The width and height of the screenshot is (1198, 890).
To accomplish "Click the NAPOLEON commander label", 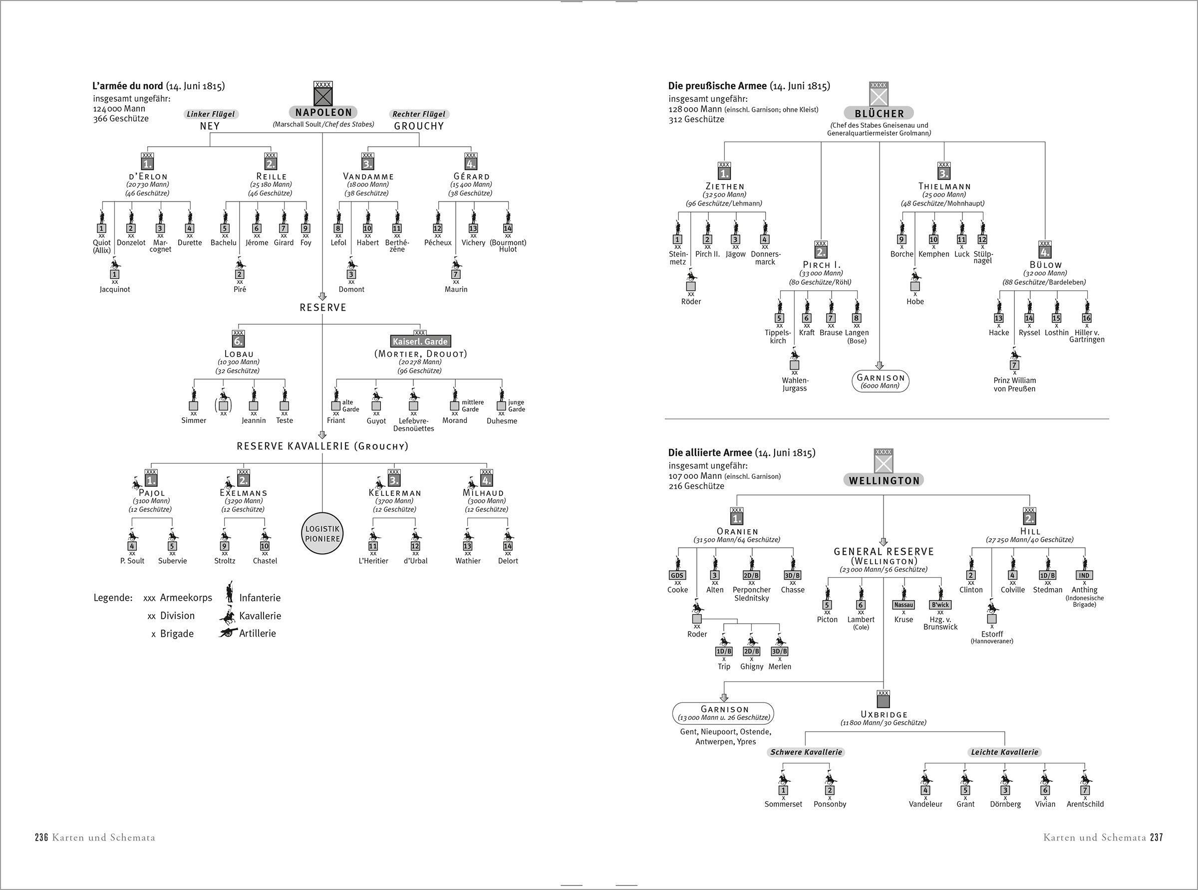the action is click(x=323, y=113).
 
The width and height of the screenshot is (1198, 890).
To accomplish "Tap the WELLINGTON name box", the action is click(x=884, y=480).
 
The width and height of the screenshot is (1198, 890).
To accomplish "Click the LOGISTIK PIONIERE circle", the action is click(x=322, y=533).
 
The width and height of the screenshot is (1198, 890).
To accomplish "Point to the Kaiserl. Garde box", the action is click(x=420, y=342).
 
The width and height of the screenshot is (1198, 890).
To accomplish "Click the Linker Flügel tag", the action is click(x=210, y=114).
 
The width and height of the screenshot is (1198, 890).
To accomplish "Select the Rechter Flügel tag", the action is click(x=419, y=114).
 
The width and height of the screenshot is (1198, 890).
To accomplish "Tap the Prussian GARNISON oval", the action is click(x=880, y=382).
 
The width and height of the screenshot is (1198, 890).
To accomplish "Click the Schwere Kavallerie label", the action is click(x=806, y=752).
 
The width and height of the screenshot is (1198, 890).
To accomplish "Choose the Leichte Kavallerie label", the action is click(x=1004, y=752).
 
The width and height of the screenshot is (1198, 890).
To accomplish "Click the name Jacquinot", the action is click(x=115, y=289).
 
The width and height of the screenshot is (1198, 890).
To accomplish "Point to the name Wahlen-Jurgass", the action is click(x=794, y=384).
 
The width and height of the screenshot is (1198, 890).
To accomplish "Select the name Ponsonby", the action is click(x=830, y=804).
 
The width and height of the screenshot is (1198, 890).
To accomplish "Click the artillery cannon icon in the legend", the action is click(x=229, y=633).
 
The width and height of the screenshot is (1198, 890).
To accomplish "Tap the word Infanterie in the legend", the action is click(x=260, y=598).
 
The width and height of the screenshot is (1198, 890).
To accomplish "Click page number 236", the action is click(x=42, y=837).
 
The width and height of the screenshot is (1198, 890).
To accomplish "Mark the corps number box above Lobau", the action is click(x=238, y=342).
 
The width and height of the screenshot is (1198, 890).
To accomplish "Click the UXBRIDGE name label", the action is click(x=884, y=714).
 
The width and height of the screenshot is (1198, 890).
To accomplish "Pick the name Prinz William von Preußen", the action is click(x=1015, y=384).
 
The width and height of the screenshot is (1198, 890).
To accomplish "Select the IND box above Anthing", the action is click(x=1084, y=575).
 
